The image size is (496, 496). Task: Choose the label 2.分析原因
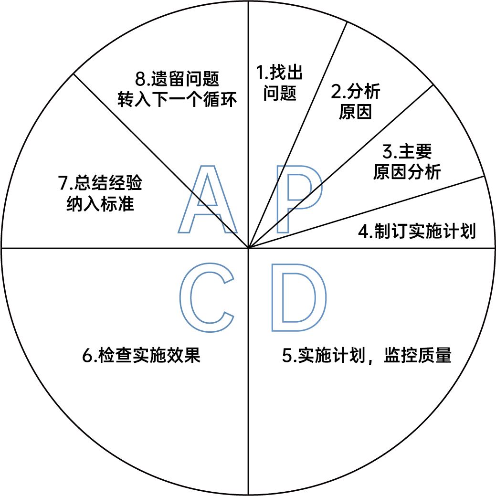[x=356, y=101]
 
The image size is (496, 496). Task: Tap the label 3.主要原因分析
[x=407, y=162]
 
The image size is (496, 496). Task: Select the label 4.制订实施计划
[x=417, y=232]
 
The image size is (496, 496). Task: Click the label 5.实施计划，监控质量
[x=367, y=356]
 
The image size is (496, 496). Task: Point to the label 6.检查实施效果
[x=141, y=356]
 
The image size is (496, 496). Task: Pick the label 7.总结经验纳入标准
[x=100, y=193]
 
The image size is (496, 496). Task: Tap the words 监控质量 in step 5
[x=417, y=356]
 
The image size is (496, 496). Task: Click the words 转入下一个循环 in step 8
[x=177, y=100]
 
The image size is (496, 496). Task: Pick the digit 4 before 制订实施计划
[x=363, y=232]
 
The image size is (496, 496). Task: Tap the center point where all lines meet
[x=248, y=248]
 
